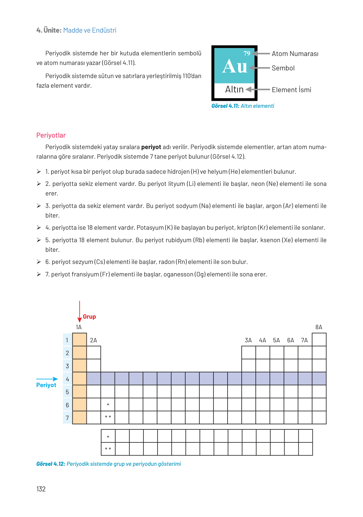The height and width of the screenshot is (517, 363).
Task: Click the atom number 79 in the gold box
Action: click(247, 53)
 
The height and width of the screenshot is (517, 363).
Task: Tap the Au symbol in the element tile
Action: click(235, 67)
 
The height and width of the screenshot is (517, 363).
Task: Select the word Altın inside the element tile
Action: click(234, 89)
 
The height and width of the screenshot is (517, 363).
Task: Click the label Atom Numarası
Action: click(295, 54)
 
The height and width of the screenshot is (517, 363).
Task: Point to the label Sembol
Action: click(283, 68)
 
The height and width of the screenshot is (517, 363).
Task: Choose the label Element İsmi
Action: click(291, 90)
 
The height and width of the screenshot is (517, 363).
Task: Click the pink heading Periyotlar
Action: click(51, 135)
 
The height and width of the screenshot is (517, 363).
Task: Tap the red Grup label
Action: click(89, 317)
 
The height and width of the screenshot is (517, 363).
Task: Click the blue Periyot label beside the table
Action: click(46, 385)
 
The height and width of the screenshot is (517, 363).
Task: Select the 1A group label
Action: click(79, 327)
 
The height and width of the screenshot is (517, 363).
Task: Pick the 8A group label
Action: click(319, 327)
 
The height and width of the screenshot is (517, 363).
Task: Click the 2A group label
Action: click(93, 340)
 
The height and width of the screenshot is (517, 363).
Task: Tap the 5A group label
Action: click(277, 340)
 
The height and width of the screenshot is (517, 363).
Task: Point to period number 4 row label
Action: click(67, 379)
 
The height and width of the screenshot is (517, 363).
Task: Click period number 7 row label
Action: click(67, 418)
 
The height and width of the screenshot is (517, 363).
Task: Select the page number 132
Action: click(41, 489)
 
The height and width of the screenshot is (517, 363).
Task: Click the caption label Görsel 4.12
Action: click(51, 464)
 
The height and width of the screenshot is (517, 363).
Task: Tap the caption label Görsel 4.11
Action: click(225, 106)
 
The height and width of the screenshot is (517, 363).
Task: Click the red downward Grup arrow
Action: click(79, 312)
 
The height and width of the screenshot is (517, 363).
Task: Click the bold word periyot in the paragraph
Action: click(151, 147)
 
